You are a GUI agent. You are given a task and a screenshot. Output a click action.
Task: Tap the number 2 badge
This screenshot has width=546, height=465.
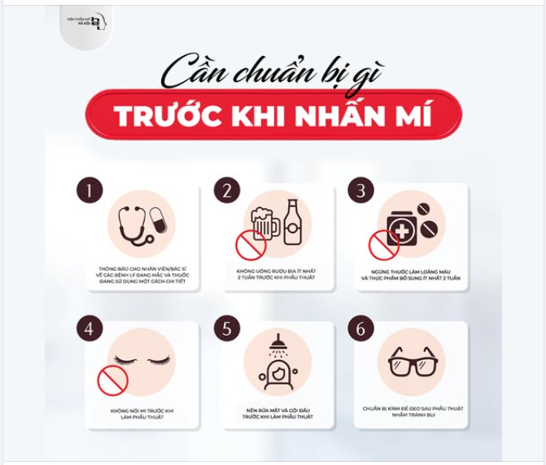pos(227,190)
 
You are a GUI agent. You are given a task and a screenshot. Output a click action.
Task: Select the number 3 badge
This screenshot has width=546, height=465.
pos(361,190)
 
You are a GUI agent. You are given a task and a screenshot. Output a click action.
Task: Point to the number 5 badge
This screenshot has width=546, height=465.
pos(227,329)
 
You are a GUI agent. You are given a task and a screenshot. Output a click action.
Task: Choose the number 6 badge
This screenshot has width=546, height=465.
pos(361,329)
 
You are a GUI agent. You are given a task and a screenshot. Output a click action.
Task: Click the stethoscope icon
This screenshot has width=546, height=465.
pos(132,224)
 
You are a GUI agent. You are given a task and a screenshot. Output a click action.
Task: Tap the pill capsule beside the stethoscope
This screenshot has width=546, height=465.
pos(158,219)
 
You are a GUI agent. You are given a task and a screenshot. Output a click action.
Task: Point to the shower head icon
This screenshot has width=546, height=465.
pos(277,342)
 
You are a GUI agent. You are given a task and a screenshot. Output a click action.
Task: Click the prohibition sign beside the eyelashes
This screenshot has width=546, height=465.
pos(113,380)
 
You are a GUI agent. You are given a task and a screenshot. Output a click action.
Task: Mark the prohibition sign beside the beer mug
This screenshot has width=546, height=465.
pos(251,243)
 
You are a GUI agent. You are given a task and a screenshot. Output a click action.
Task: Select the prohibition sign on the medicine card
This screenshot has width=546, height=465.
pos(383,244)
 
